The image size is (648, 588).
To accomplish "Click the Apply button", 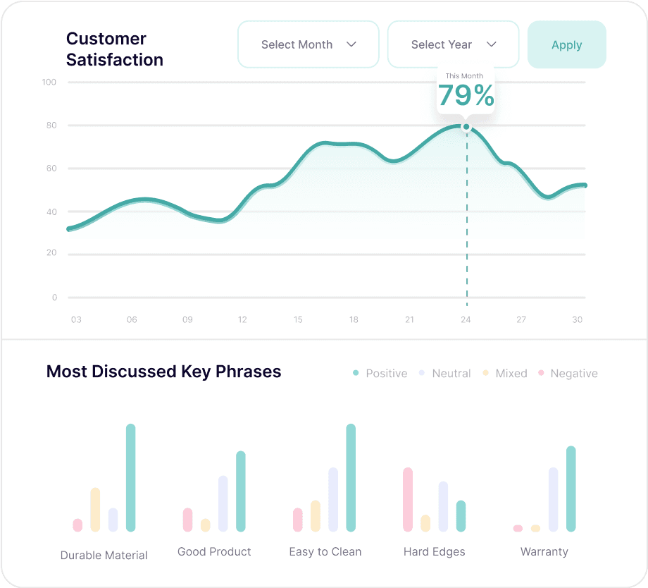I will [x=566, y=44].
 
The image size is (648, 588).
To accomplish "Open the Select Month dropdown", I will [x=309, y=44].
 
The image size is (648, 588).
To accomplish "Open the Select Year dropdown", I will [x=453, y=44].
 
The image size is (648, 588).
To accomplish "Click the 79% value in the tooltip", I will [x=466, y=95].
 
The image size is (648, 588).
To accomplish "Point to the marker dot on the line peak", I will [x=466, y=127].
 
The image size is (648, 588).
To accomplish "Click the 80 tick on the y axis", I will [x=51, y=125].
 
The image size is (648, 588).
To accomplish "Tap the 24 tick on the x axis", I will [x=466, y=319].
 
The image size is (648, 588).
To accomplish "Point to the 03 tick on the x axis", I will [x=76, y=319].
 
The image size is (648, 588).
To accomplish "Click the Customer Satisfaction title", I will [x=115, y=49].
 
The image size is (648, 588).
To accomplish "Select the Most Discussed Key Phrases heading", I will [x=163, y=372].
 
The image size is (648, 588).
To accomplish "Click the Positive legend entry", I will [x=380, y=374].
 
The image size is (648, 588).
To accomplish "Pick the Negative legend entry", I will [x=568, y=374].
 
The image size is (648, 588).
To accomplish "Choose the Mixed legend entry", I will [x=505, y=374].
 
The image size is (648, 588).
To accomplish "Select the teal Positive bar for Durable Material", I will [x=130, y=477].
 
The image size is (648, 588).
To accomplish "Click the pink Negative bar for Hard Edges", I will [x=408, y=499].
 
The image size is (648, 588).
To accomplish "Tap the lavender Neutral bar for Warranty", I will [x=554, y=499].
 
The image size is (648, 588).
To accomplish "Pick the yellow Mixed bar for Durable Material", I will [x=95, y=509].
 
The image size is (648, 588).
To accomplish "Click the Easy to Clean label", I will [x=325, y=552].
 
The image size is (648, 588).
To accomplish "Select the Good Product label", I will [x=214, y=552].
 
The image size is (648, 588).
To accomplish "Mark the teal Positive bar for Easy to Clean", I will [x=351, y=477].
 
